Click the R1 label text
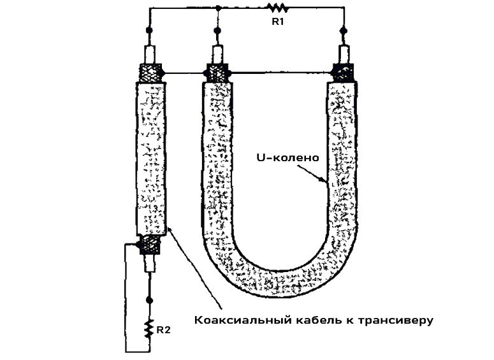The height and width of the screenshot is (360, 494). pos(279,22)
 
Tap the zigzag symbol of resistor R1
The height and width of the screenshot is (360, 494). pos(278,8)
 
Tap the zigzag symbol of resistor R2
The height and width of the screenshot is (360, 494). pos(150,328)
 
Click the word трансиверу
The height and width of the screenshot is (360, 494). pos(401,320)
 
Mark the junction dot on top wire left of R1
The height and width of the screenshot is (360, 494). pos(219,8)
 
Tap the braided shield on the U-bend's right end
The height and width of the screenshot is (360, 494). pos(344,71)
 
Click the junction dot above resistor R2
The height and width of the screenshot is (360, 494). pos(150,299)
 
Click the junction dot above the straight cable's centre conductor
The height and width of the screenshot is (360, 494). pos(150,31)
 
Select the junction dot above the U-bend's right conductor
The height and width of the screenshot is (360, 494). pos(344,30)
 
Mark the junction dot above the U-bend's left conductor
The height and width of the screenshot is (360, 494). pos(219,30)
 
